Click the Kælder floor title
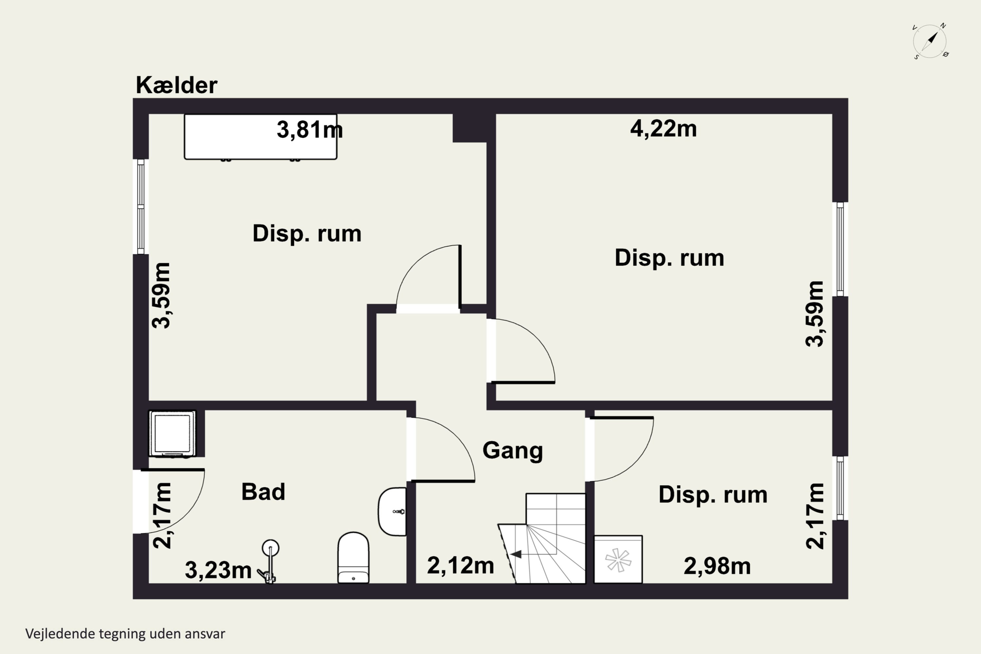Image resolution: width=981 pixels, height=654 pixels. tap(177, 85)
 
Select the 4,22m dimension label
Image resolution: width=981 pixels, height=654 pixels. tap(663, 129)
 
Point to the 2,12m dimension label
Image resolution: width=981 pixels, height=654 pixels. tap(460, 566)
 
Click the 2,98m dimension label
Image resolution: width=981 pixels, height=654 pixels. tap(717, 566)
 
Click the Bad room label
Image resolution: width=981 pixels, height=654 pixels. tap(263, 492)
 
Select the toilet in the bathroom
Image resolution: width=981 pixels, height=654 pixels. tap(353, 557)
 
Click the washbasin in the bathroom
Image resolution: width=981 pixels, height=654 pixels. tap(392, 511)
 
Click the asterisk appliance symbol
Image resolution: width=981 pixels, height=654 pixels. tap(618, 559)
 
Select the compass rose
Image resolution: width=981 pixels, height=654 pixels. tap(930, 41)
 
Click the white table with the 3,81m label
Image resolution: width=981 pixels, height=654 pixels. tap(261, 137)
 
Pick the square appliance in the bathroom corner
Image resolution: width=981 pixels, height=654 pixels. tap(172, 434)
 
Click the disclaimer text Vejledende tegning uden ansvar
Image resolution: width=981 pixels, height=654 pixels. tap(125, 634)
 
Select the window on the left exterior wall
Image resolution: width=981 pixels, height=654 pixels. tap(141, 206)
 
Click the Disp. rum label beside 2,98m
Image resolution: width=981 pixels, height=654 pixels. tap(713, 495)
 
